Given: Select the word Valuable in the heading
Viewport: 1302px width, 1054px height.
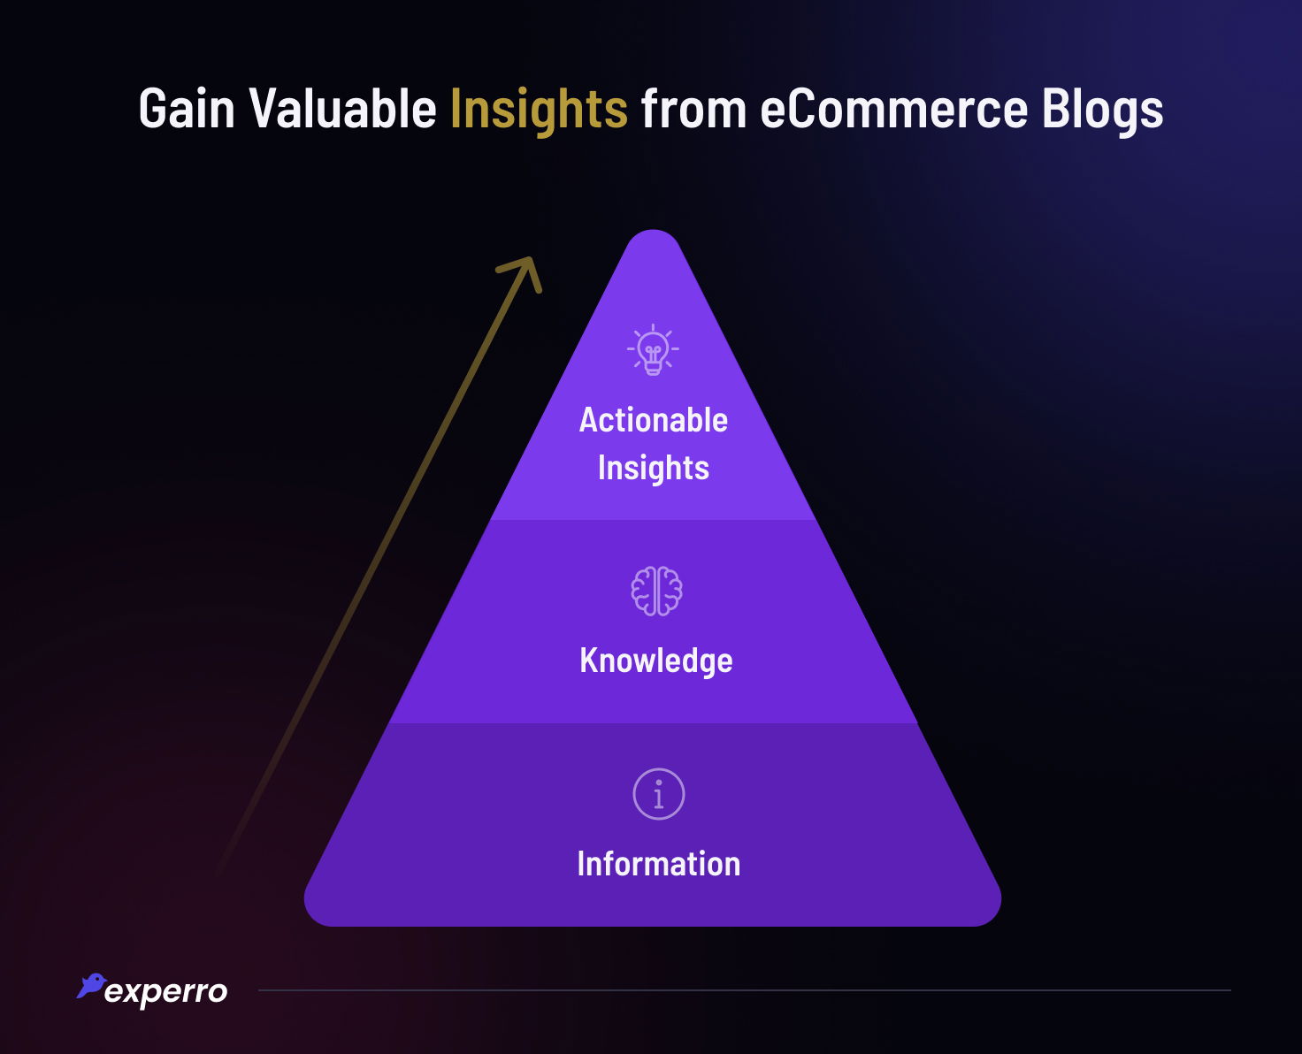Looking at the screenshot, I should (343, 110).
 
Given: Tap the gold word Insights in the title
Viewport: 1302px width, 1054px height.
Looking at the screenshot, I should (539, 110).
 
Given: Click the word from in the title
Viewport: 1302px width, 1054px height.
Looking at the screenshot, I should (693, 110).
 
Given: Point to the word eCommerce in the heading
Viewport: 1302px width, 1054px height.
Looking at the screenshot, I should (893, 110).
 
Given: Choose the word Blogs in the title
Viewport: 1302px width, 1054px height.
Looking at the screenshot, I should (1102, 110).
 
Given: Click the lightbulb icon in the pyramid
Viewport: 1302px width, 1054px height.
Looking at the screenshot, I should (653, 350).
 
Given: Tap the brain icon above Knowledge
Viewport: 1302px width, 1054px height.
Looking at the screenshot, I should (656, 591).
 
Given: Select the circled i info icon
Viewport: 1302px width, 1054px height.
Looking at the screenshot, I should (658, 794).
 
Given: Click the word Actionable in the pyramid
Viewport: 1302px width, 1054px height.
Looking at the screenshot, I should (653, 420).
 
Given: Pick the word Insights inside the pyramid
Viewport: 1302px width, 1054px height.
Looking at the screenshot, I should (653, 468).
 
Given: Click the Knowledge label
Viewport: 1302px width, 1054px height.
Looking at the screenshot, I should (655, 661).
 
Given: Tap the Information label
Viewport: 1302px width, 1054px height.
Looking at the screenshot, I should (658, 864).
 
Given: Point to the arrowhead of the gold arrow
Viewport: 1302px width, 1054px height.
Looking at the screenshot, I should (526, 267).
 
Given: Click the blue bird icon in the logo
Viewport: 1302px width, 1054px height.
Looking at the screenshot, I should (91, 986).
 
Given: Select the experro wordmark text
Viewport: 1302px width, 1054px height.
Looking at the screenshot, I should (165, 991).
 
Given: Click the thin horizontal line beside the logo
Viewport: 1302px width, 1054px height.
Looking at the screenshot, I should (743, 990).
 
